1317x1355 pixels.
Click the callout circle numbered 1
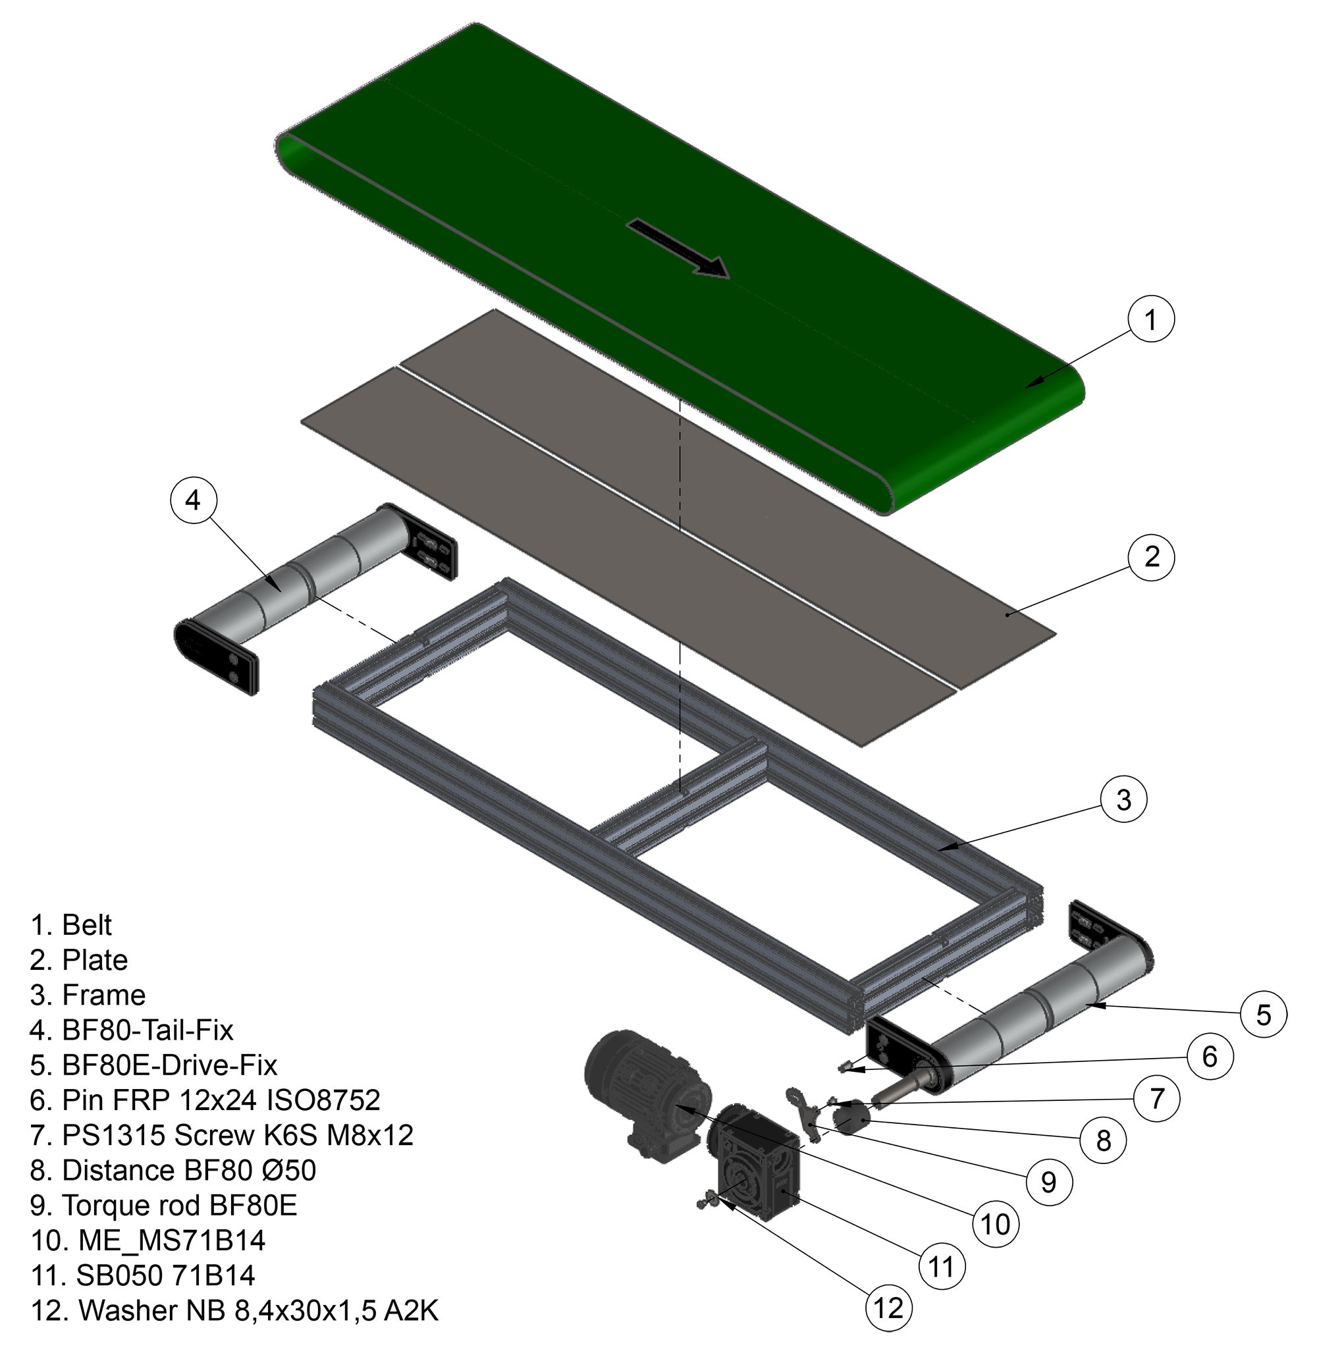pyautogui.click(x=1150, y=320)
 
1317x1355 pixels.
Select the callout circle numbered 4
pyautogui.click(x=193, y=499)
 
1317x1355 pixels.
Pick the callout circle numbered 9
pyautogui.click(x=1048, y=1181)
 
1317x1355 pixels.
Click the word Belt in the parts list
pyautogui.click(x=86, y=925)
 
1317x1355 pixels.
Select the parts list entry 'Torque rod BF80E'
pyautogui.click(x=179, y=1205)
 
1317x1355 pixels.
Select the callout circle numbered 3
pyautogui.click(x=1123, y=800)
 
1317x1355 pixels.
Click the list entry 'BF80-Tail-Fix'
pyautogui.click(x=148, y=1030)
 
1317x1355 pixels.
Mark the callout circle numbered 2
pyautogui.click(x=1151, y=557)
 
